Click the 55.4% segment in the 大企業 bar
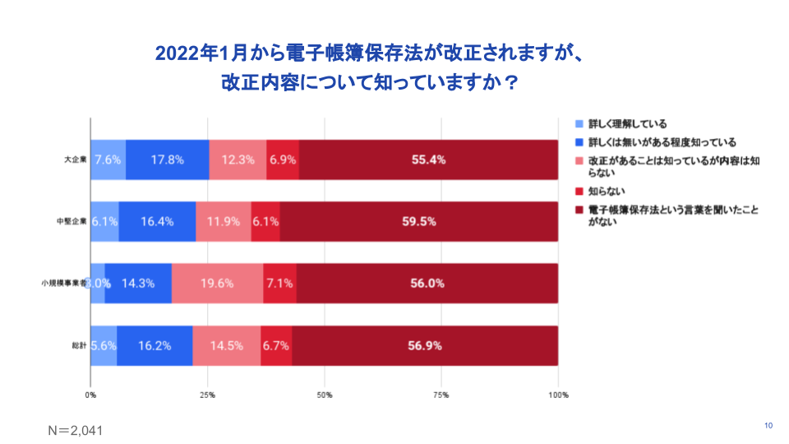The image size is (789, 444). (x=428, y=160)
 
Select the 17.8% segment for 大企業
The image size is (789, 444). (x=167, y=160)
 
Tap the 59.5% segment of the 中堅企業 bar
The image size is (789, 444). (x=419, y=221)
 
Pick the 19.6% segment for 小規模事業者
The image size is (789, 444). (x=217, y=284)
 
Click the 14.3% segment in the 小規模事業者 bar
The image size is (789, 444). (x=138, y=284)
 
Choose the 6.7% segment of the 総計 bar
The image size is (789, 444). (x=275, y=345)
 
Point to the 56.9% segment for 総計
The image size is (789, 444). (x=425, y=345)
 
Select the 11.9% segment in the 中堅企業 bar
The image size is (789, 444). (x=224, y=221)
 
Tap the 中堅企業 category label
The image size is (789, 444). (x=72, y=221)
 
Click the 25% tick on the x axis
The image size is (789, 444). (x=207, y=395)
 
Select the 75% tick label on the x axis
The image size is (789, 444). (x=441, y=395)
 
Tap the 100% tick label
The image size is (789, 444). (x=558, y=395)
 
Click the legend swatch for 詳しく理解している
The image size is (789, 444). (x=578, y=124)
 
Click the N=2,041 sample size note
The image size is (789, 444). (x=74, y=430)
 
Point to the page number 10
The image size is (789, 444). (x=768, y=425)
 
